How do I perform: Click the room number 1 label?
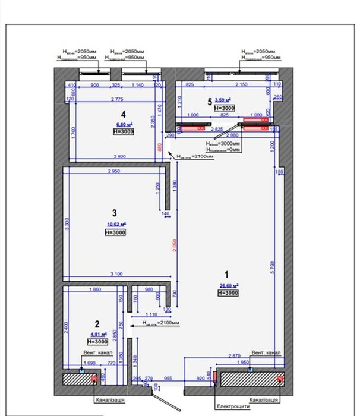225,275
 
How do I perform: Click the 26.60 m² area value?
228,285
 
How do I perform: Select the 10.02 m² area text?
116,224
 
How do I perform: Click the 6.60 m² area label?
124,124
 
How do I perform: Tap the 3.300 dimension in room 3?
68,224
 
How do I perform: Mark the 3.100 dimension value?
115,273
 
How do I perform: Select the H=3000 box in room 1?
228,293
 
